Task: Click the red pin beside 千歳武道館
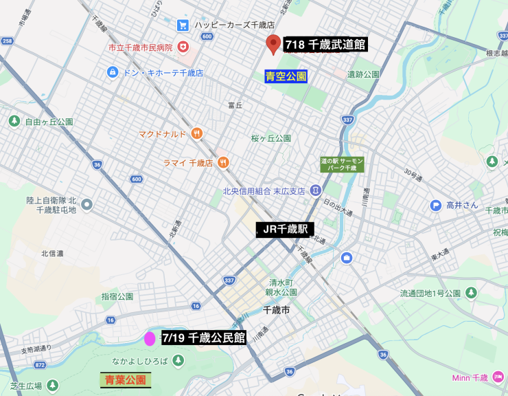[273, 44]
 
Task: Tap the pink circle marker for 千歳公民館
[150, 338]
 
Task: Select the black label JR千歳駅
[285, 230]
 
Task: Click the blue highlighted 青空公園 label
[286, 76]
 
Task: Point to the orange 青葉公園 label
[126, 379]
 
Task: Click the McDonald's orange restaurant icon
[197, 133]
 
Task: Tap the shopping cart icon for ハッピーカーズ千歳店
[183, 25]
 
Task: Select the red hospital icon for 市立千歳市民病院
[183, 47]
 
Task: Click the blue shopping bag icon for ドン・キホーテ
[113, 72]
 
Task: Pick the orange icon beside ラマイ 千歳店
[223, 162]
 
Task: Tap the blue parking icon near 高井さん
[435, 205]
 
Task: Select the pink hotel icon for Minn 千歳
[498, 377]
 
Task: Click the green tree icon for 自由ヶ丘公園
[14, 121]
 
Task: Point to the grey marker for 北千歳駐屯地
[86, 204]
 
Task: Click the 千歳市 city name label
[277, 310]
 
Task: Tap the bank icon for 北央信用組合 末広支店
[314, 190]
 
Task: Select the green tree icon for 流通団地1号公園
[471, 293]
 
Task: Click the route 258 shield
[7, 41]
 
